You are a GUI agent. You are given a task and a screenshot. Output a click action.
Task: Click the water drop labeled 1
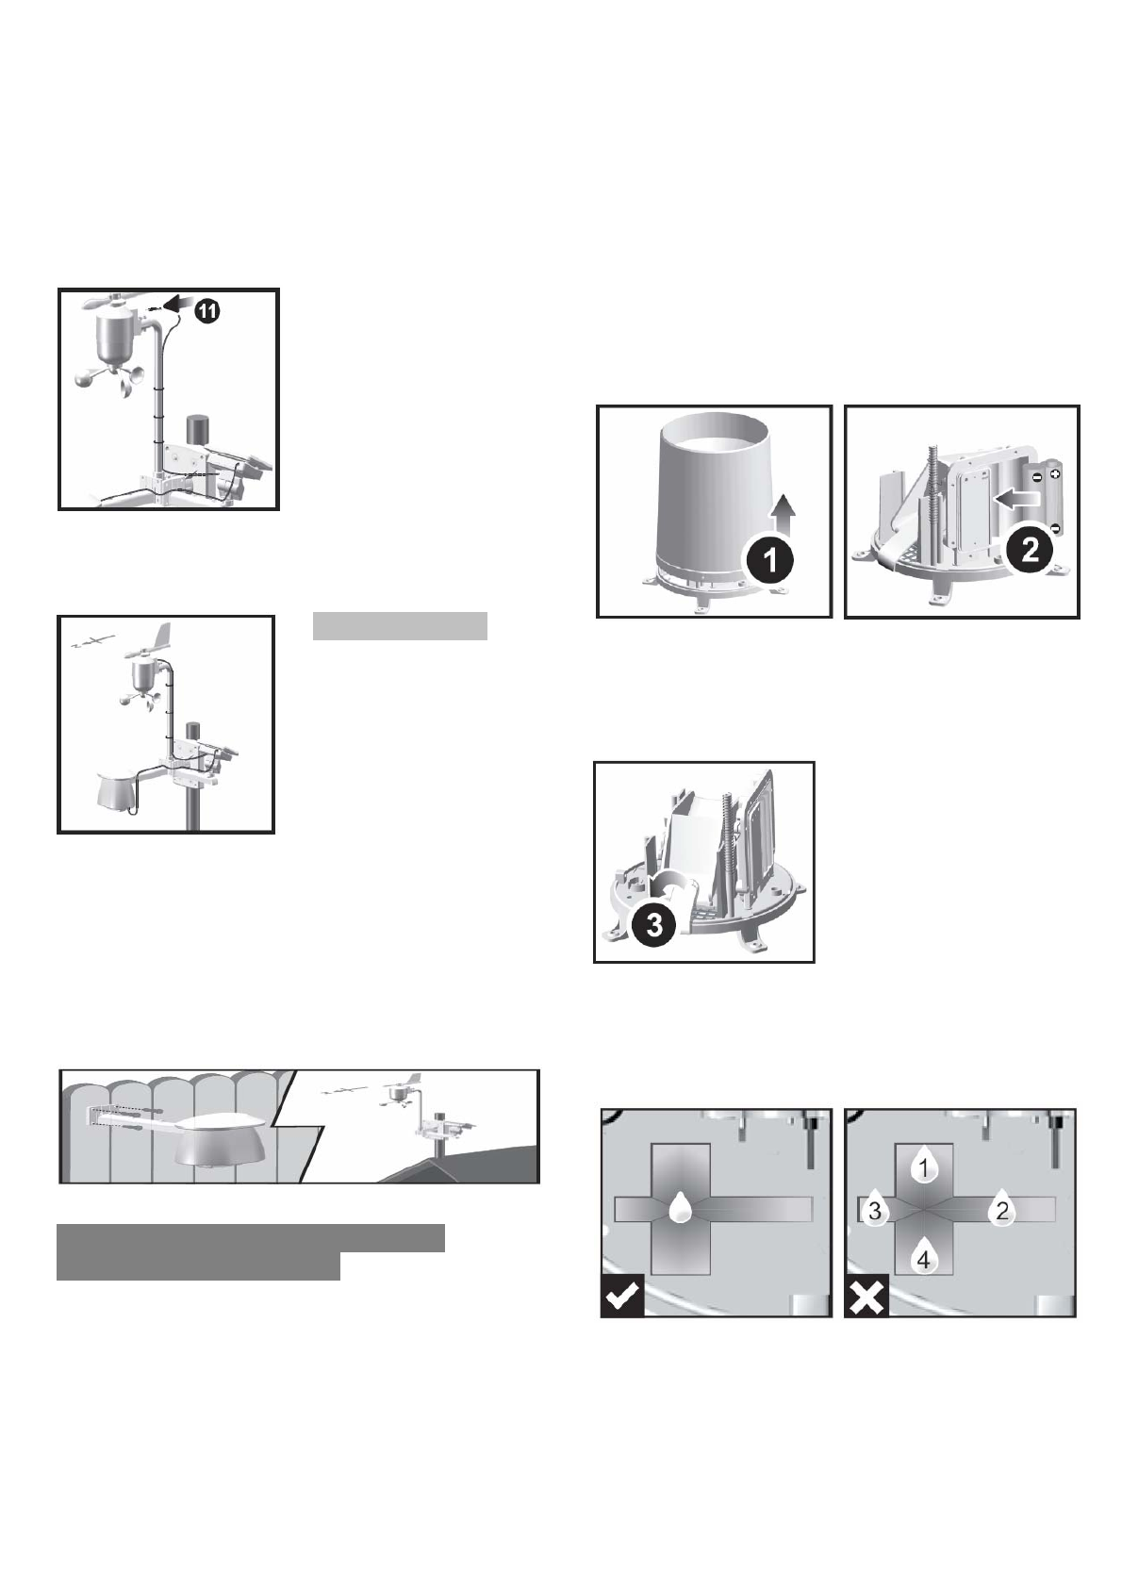[x=924, y=1167]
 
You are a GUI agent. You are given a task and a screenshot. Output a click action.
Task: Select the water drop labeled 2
[x=1002, y=1210]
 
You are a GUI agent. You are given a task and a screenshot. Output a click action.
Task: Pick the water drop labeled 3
[x=875, y=1210]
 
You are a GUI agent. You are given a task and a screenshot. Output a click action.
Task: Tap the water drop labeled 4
[x=924, y=1258]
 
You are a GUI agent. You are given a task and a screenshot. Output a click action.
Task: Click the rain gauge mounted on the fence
[x=224, y=1143]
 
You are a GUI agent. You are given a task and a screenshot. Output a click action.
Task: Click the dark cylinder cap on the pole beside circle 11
[x=199, y=429]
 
